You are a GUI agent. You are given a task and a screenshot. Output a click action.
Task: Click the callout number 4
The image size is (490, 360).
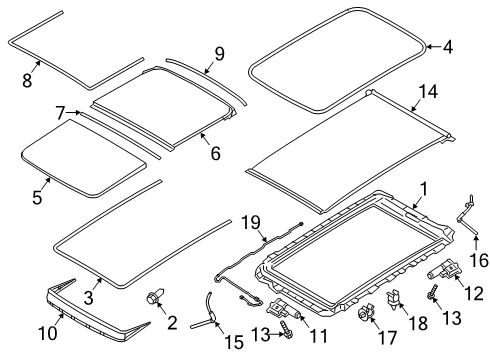pyautogui.click(x=448, y=47)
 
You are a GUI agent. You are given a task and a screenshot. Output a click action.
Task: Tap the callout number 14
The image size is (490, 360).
pyautogui.click(x=428, y=92)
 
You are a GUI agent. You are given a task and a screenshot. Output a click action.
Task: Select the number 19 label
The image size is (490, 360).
pyautogui.click(x=250, y=223)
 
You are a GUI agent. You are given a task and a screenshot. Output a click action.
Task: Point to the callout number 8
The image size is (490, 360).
pyautogui.click(x=27, y=80)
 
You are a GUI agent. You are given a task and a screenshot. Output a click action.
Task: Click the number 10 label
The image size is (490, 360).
pyautogui.click(x=48, y=333)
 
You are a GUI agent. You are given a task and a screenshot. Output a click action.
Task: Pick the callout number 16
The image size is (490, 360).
pyautogui.click(x=479, y=261)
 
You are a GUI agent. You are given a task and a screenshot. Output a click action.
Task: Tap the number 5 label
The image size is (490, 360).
pyautogui.click(x=37, y=197)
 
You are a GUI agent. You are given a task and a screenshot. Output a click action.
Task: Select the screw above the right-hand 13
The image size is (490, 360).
pyautogui.click(x=432, y=291)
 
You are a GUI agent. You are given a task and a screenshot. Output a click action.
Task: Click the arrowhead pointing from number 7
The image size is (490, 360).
pyautogui.click(x=78, y=113)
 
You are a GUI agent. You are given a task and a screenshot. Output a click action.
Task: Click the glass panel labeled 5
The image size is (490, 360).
pyautogui.click(x=83, y=157)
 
